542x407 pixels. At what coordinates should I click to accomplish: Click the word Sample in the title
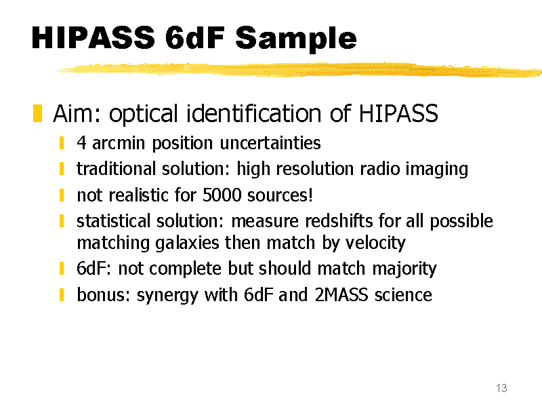tap(296, 39)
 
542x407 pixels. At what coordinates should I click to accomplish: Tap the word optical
tap(144, 114)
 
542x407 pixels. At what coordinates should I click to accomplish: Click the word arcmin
tap(118, 142)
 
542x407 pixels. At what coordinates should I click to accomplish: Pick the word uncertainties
tap(270, 142)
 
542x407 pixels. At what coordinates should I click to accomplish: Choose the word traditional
tap(116, 168)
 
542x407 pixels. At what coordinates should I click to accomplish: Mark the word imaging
tap(437, 170)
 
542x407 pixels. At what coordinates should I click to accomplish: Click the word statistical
tap(113, 221)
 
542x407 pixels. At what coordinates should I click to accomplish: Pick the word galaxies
tap(187, 243)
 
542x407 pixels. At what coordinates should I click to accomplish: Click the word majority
tap(404, 269)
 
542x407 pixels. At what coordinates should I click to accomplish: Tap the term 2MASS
tap(341, 295)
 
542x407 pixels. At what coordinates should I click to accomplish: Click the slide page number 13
tap(501, 388)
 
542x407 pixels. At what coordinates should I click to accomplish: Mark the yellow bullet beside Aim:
tap(37, 113)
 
